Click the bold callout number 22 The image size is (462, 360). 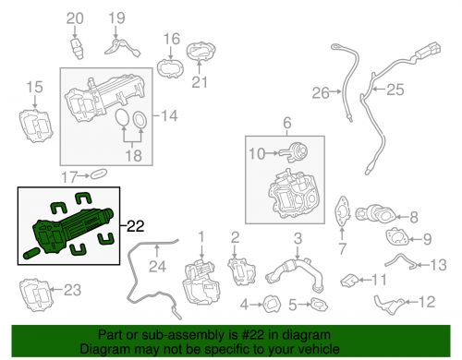[136, 226]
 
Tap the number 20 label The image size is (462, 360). [75, 18]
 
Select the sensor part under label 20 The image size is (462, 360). [77, 48]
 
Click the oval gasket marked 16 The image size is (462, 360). [170, 68]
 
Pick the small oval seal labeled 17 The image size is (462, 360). [99, 174]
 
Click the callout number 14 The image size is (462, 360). [169, 115]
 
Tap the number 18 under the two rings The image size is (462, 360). [134, 155]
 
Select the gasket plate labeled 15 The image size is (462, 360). [36, 126]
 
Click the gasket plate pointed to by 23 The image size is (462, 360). [37, 294]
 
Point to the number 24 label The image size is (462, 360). [157, 267]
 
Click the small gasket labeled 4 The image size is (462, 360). [272, 305]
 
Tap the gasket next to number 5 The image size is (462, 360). [320, 304]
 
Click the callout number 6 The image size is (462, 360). [286, 123]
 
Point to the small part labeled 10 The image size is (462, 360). [293, 152]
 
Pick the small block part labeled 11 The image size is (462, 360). [349, 280]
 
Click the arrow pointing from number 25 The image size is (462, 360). [379, 90]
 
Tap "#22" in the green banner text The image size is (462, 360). [252, 334]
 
